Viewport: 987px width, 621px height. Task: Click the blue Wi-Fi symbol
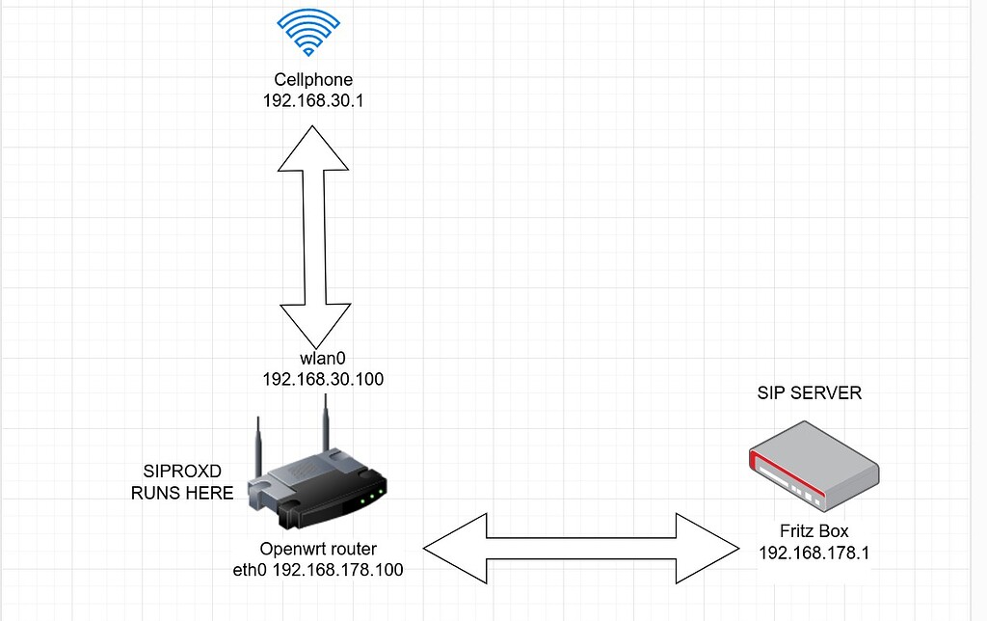click(x=308, y=35)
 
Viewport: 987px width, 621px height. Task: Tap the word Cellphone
click(x=308, y=79)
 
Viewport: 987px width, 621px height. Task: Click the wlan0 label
click(x=322, y=359)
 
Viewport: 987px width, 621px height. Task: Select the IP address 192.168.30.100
click(x=323, y=379)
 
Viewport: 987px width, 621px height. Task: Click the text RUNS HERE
click(x=182, y=493)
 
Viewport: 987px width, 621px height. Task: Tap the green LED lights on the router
click(x=371, y=499)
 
